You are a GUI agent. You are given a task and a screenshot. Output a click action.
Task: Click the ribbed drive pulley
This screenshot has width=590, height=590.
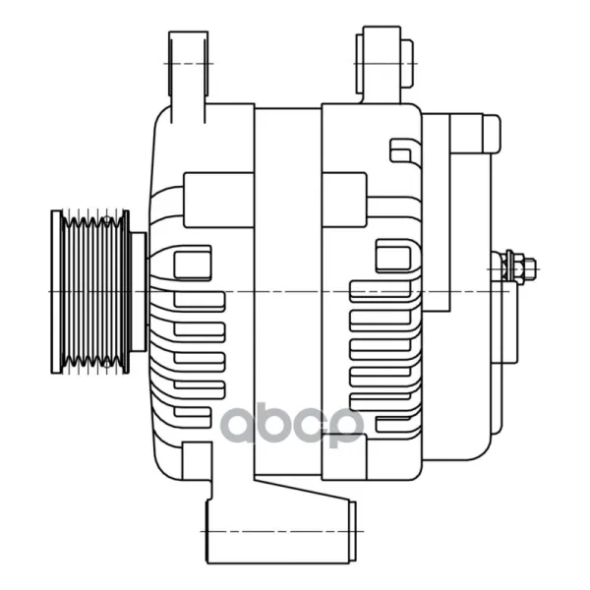click(90, 292)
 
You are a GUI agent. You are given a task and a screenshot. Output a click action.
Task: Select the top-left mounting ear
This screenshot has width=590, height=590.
click(188, 77)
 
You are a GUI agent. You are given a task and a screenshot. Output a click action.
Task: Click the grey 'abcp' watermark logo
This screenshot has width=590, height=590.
click(292, 425)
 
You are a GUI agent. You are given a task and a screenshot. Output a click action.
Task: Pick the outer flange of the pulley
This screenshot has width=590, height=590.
click(56, 292)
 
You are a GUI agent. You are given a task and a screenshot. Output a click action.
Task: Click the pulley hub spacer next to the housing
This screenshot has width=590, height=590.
click(138, 292)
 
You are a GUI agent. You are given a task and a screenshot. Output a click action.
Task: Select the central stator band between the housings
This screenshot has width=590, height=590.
click(288, 292)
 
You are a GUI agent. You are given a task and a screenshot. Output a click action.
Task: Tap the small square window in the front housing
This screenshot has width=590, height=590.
click(193, 265)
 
